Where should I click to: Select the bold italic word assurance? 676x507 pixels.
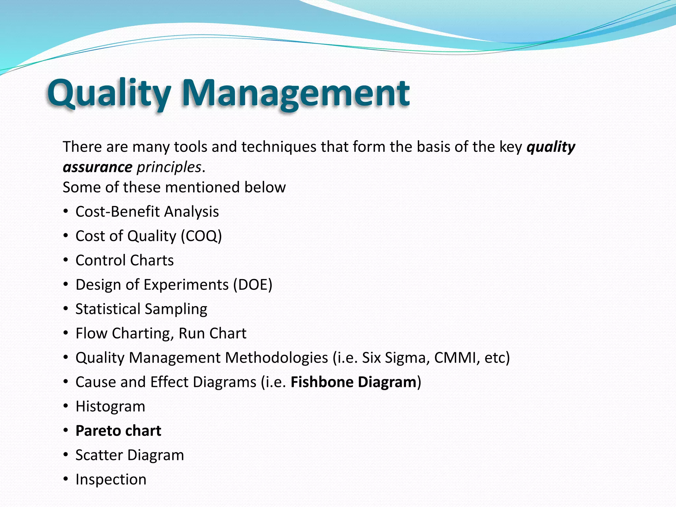coord(98,167)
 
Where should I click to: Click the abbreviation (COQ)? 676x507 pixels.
coord(201,236)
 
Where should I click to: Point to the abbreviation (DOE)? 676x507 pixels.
coord(253,285)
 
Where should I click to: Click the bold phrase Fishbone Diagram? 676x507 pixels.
coord(353,382)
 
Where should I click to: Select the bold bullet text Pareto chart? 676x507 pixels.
coord(118,431)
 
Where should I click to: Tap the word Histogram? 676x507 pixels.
coord(110,406)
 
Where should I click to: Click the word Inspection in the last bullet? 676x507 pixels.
coord(111,479)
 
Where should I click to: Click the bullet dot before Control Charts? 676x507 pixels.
coord(66,260)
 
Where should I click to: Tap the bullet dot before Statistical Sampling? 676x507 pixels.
coord(66,309)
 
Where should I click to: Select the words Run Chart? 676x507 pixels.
coord(212,333)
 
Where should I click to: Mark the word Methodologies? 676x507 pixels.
coord(276,358)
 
